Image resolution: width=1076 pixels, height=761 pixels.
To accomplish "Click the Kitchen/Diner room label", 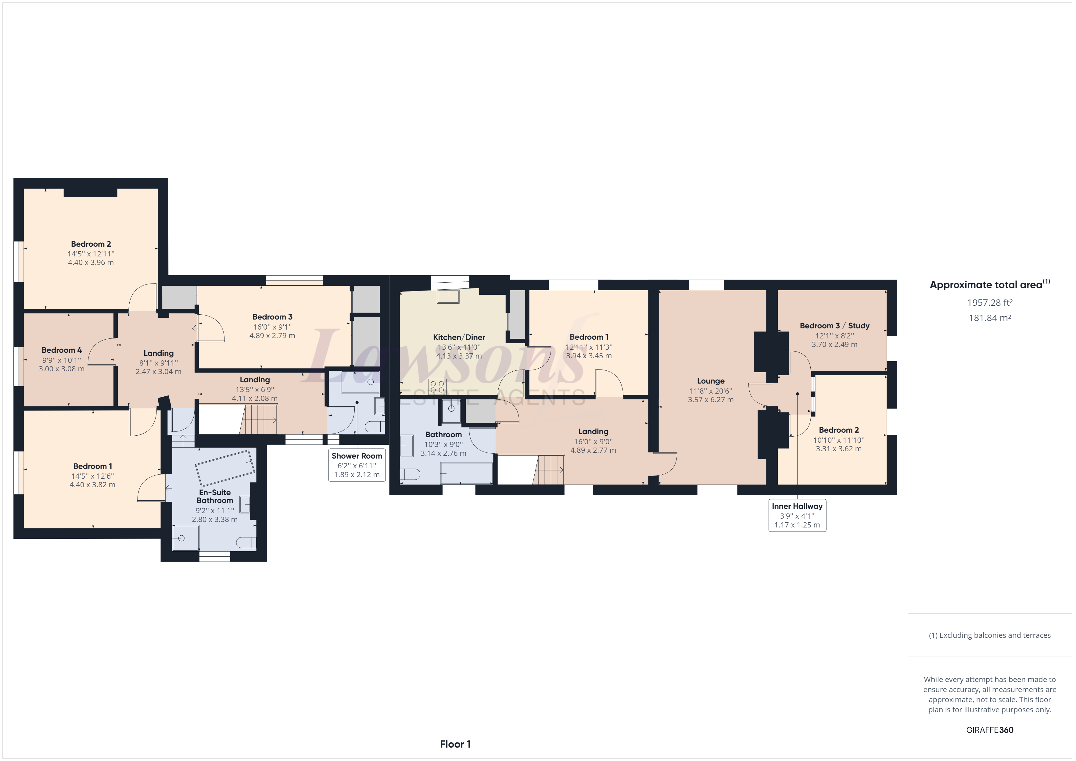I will pos(458,337).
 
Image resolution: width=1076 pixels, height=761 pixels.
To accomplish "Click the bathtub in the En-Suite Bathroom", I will pos(225,468).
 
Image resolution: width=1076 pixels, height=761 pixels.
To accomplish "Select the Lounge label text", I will pos(710,381).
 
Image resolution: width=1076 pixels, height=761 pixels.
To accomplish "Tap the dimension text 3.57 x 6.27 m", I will pos(710,400).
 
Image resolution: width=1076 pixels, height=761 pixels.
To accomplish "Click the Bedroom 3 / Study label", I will pos(834,326).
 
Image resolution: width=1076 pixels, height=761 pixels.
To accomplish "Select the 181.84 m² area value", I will pos(989,318).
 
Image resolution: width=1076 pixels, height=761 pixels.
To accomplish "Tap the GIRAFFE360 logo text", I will pos(989,730).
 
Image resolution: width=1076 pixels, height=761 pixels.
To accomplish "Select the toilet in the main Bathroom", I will pos(410,475).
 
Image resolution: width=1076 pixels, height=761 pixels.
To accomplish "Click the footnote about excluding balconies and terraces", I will pos(989,635).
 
